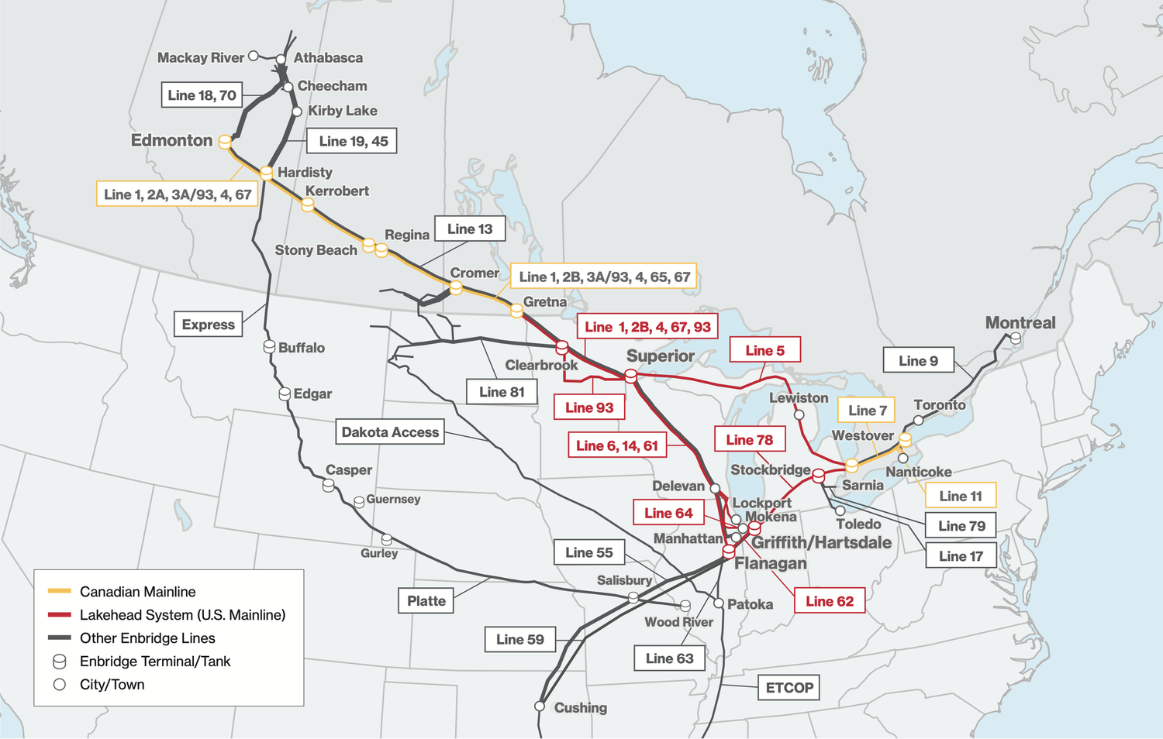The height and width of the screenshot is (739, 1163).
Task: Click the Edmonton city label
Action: click(171, 140)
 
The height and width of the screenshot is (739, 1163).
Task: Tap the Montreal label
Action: click(1020, 323)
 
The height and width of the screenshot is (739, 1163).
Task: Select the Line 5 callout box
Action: click(764, 350)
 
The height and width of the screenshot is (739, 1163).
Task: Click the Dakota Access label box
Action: click(390, 432)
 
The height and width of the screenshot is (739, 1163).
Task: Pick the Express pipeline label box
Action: click(208, 325)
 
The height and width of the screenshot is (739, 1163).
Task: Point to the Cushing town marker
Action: click(540, 706)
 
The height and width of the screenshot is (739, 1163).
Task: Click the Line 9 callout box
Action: click(918, 360)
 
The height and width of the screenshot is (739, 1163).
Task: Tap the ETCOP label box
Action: click(789, 687)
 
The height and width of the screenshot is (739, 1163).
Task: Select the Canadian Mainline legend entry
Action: click(137, 592)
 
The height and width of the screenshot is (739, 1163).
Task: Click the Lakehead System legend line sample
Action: click(60, 615)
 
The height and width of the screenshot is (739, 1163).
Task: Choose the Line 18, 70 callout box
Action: click(202, 95)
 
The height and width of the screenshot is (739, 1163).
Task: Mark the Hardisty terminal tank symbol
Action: click(266, 173)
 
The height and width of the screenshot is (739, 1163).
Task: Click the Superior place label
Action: click(660, 356)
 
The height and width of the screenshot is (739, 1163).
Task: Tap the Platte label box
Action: click(426, 600)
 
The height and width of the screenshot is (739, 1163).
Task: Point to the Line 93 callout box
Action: click(589, 407)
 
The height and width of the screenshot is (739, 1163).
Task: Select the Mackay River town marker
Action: click(254, 57)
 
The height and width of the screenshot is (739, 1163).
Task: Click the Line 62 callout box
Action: click(829, 601)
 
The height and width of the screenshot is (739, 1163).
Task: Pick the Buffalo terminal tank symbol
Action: click(270, 346)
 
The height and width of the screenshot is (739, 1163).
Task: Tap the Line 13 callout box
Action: click(470, 229)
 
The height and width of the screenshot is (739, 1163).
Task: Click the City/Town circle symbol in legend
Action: click(60, 685)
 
